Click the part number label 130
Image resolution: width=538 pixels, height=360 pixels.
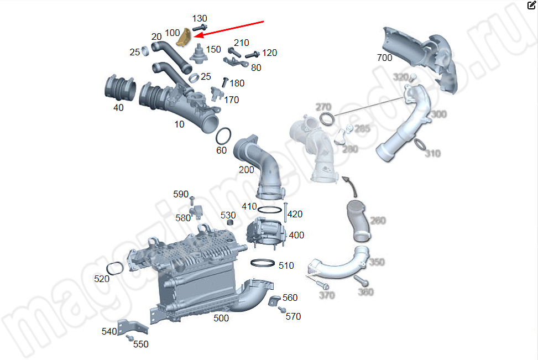click(x=200, y=19)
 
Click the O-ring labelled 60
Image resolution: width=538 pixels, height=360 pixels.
click(x=223, y=135)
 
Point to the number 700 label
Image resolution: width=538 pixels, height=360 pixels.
click(x=384, y=58)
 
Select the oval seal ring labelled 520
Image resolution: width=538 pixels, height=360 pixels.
click(x=114, y=268)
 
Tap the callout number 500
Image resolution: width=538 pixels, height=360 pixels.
click(x=221, y=318)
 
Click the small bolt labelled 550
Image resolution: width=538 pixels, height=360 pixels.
click(x=130, y=337)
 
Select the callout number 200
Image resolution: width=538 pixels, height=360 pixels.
click(x=247, y=170)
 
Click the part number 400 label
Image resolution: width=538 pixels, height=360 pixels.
click(x=296, y=235)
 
